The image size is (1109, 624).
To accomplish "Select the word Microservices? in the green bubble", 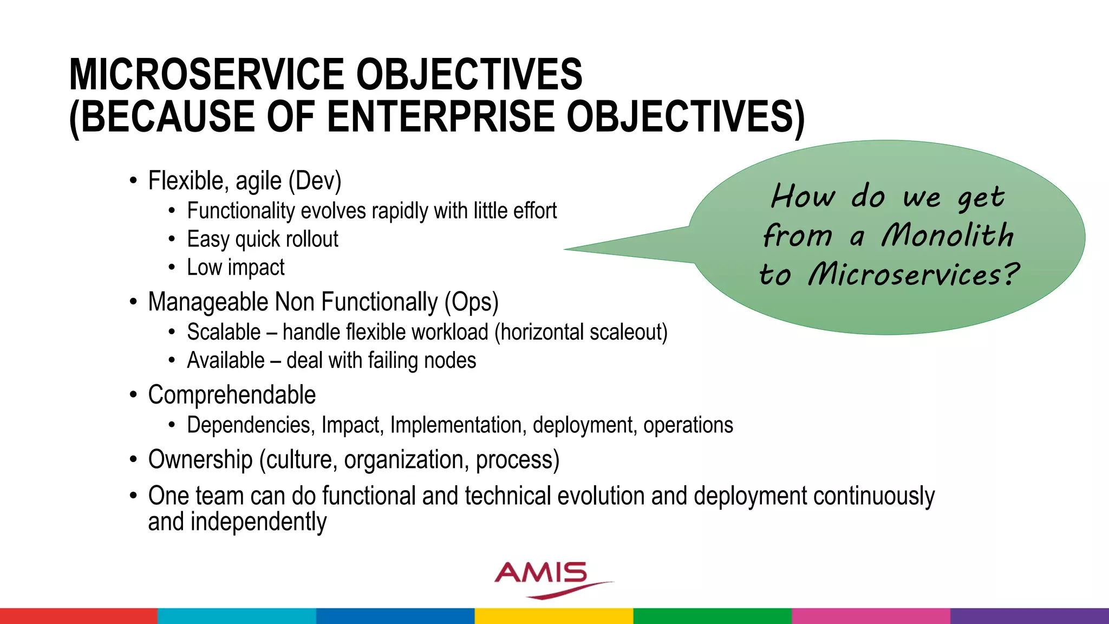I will (x=914, y=274).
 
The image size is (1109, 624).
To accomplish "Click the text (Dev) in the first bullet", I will (x=315, y=181).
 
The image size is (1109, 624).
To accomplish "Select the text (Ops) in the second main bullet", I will (x=471, y=302).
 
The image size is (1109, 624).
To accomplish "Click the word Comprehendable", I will (x=232, y=395).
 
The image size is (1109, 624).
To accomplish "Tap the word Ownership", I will (x=200, y=460).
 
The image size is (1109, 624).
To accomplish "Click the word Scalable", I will (x=224, y=332).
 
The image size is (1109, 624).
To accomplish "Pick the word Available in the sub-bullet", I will (x=226, y=361).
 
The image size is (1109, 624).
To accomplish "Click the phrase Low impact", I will (x=236, y=268).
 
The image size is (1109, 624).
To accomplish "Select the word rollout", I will (x=312, y=239).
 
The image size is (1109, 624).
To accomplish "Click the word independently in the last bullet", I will (x=258, y=522).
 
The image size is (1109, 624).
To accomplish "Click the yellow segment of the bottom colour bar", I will (x=553, y=616).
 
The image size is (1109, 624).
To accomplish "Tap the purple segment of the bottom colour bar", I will (x=1029, y=616).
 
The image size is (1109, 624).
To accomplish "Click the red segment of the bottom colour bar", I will (x=79, y=616).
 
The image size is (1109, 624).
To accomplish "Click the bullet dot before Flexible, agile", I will (x=133, y=181).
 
